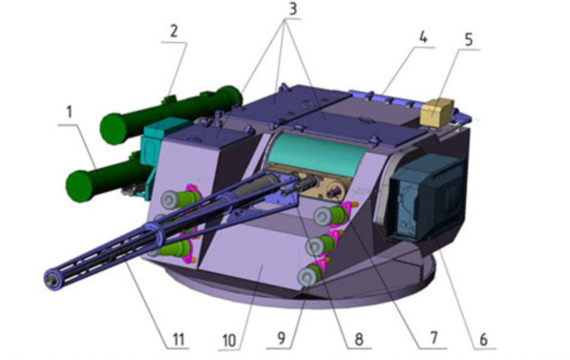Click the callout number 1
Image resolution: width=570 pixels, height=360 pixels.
[70, 113]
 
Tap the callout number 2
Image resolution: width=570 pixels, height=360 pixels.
[174, 32]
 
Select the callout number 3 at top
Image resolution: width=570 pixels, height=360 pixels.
[292, 9]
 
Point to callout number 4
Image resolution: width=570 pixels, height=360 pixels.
[422, 37]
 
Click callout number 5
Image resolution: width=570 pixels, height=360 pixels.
[469, 40]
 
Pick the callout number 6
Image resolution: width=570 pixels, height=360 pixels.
[483, 339]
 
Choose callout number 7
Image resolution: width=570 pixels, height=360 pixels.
[433, 338]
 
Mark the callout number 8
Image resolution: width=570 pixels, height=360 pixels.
[359, 339]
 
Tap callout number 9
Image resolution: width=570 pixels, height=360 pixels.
[282, 338]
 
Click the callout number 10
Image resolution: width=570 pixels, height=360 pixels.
[229, 341]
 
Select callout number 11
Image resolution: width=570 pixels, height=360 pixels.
[179, 339]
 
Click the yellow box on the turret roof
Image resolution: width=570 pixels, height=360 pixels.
[437, 112]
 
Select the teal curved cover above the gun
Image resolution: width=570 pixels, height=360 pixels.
[316, 155]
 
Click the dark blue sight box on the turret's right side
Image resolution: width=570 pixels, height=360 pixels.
[428, 199]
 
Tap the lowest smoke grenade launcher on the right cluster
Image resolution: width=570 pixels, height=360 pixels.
[309, 275]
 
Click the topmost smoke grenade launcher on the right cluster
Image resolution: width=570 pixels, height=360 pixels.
[332, 215]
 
